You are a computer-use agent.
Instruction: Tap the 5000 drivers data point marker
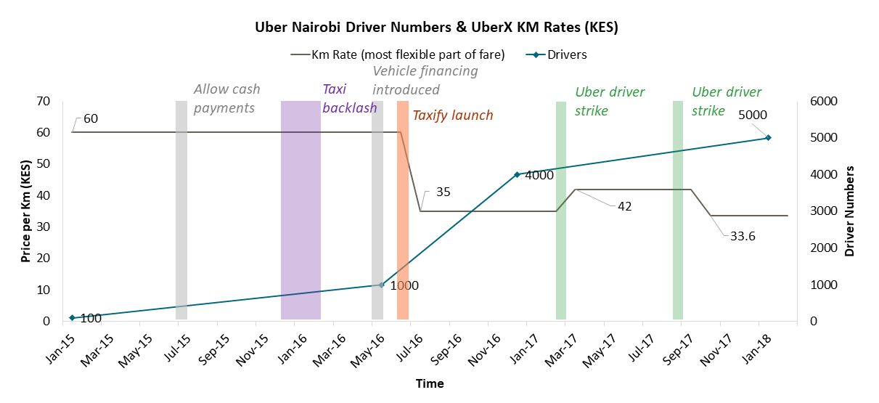[x=768, y=137]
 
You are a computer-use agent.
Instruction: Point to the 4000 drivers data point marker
[x=517, y=174]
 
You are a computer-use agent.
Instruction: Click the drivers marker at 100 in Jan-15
[x=72, y=317]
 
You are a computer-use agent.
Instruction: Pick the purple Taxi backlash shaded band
[x=301, y=211]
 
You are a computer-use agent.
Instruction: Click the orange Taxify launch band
[x=403, y=211]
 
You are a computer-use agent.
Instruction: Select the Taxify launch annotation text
[x=452, y=115]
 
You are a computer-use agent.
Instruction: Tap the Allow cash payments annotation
[x=226, y=99]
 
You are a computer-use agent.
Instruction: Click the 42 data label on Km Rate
[x=624, y=205]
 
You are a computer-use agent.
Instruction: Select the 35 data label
[x=443, y=192]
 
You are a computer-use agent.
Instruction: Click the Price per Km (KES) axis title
[x=26, y=211]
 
